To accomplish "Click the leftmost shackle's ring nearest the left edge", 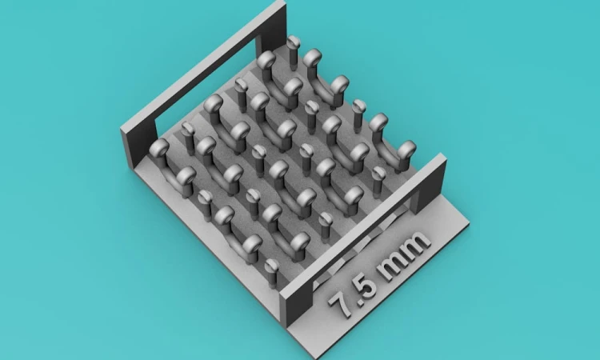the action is pos(159,148).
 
